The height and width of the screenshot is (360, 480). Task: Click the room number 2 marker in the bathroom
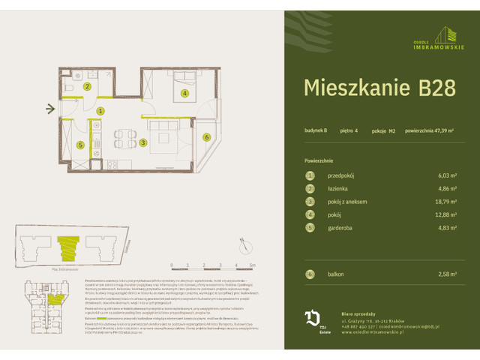coord(87,87)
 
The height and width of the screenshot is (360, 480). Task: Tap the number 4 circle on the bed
coord(184,94)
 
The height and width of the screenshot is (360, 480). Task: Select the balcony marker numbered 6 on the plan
coord(206,136)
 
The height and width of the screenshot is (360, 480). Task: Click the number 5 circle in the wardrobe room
coord(80,145)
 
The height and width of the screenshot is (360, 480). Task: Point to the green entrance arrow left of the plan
coord(50,110)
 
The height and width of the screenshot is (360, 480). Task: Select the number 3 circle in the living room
coord(142,142)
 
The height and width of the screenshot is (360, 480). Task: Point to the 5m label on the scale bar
coord(253,265)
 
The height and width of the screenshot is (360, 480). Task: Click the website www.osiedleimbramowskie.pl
coord(377,333)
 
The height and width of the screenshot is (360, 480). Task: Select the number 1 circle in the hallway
coord(100,110)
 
